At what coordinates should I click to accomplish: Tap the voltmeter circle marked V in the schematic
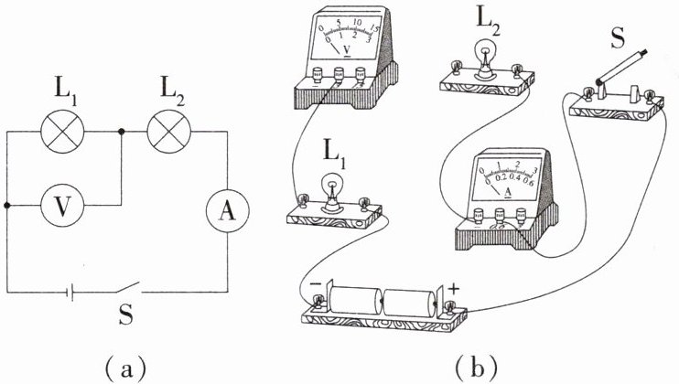point(61,206)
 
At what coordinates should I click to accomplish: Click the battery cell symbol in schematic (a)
point(69,291)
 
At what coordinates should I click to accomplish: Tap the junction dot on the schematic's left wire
point(7,206)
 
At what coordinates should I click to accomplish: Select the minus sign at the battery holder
point(315,285)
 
